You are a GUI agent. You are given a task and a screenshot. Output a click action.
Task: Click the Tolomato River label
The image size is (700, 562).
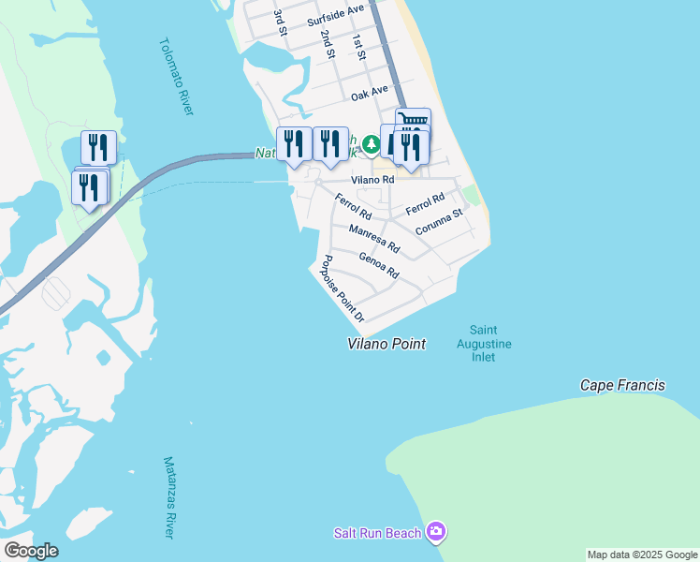(x=176, y=77)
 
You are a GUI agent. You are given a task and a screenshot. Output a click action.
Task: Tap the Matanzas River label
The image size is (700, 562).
(x=169, y=497)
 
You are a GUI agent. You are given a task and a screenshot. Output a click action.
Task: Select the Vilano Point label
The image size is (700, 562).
(x=386, y=344)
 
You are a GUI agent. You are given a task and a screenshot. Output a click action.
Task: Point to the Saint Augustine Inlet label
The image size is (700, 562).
(x=490, y=344)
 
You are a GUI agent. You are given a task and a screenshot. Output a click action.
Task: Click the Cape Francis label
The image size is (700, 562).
(x=622, y=385)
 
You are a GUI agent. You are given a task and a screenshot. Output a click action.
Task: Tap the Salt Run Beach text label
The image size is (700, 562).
(x=377, y=533)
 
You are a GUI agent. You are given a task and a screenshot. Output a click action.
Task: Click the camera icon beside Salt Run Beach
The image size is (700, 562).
(x=435, y=532)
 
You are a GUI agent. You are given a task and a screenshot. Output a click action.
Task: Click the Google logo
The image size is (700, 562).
(x=31, y=551)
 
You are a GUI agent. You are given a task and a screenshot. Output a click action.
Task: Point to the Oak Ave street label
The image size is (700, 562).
(x=369, y=95)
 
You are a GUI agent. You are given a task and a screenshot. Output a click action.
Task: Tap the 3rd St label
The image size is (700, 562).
(x=279, y=23)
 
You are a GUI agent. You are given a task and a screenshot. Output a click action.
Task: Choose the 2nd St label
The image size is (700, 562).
(x=327, y=44)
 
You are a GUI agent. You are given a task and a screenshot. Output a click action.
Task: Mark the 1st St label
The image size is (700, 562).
(x=357, y=49)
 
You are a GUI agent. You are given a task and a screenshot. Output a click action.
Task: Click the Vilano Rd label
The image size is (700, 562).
(x=372, y=179)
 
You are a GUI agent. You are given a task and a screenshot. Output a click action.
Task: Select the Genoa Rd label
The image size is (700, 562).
(x=379, y=266)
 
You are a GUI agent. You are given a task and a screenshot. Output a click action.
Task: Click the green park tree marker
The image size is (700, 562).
(x=372, y=144)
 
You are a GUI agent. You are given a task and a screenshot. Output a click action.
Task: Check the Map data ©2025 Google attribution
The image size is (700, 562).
(x=642, y=555)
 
